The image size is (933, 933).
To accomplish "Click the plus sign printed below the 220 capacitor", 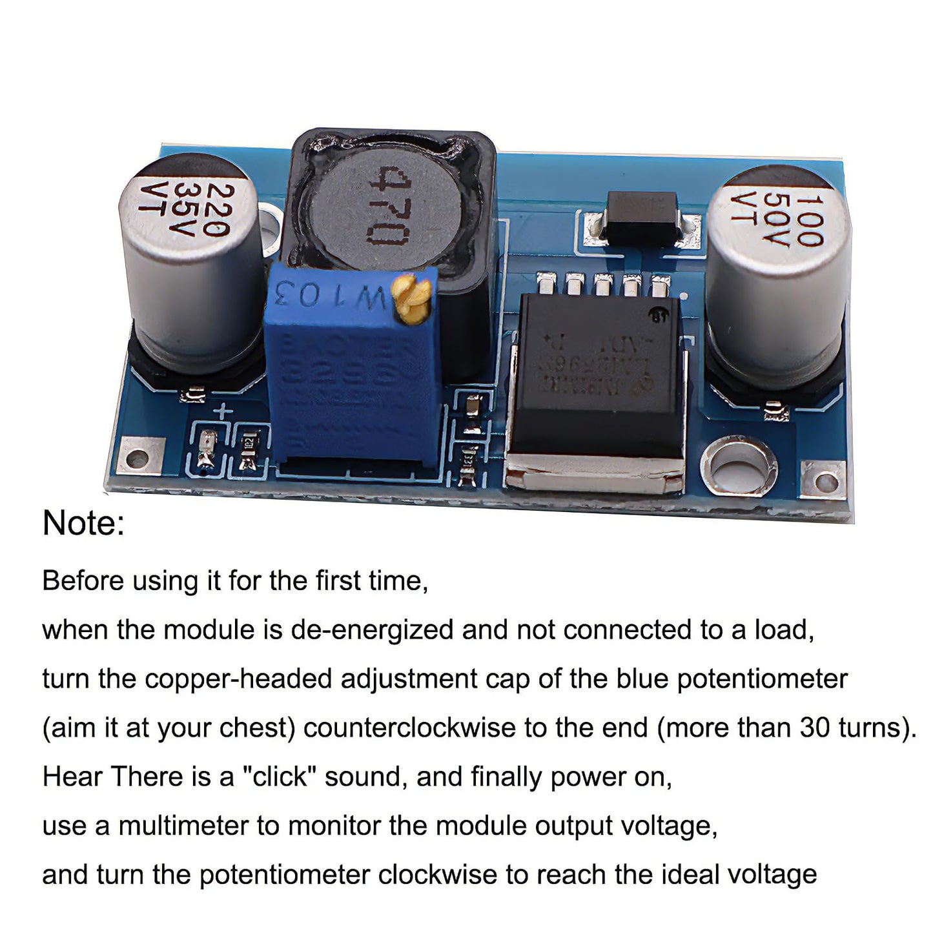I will click(x=222, y=412).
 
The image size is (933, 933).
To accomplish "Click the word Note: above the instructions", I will click(x=83, y=522).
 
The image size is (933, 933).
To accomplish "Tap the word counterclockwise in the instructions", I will click(x=409, y=728).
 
